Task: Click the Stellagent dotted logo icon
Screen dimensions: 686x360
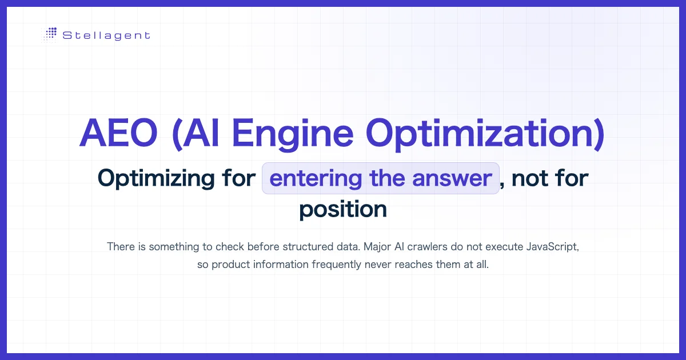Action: (x=49, y=35)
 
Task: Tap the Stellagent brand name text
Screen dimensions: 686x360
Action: (x=106, y=35)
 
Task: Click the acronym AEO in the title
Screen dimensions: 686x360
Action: (x=119, y=134)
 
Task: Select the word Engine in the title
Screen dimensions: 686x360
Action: (x=293, y=134)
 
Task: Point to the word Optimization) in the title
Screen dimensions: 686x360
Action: (x=485, y=134)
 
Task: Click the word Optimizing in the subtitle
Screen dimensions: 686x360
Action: (x=156, y=179)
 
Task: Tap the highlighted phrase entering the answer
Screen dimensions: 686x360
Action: (x=381, y=178)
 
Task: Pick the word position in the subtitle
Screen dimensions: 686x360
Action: (x=343, y=210)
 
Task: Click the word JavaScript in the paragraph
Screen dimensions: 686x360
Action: (x=552, y=247)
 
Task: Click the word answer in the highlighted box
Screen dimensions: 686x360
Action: (x=452, y=179)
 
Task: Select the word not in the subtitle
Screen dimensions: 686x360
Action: (x=530, y=179)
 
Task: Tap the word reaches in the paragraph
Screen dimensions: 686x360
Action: (x=414, y=265)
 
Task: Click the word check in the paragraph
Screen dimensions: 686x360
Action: (x=230, y=247)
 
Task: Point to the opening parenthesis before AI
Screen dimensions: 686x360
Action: (x=177, y=134)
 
